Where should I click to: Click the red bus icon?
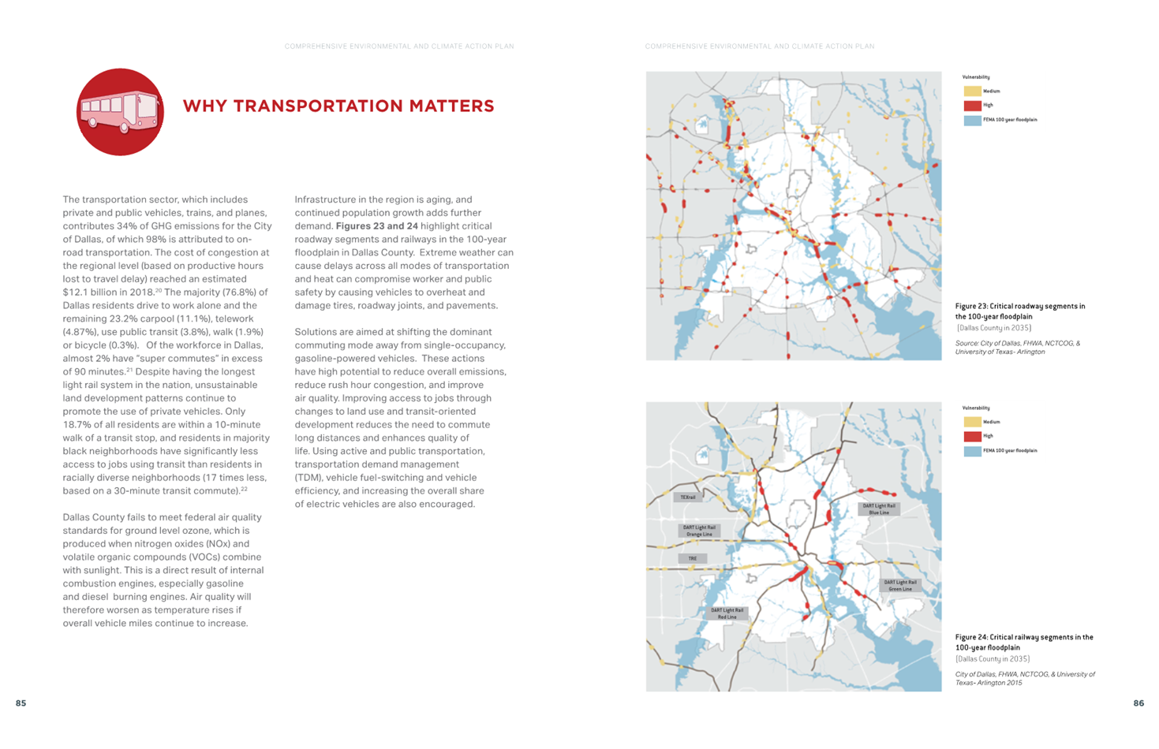point(120,112)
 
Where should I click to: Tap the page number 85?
point(21,703)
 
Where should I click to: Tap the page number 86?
point(1138,703)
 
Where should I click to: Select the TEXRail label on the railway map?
point(688,497)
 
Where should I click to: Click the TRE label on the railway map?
point(692,558)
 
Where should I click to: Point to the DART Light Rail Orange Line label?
point(699,531)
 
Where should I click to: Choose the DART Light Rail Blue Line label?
point(878,509)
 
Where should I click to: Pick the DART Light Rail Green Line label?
point(899,586)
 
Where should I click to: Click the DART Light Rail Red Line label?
point(727,613)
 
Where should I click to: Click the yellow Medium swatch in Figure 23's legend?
point(972,91)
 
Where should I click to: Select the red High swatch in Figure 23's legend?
point(972,106)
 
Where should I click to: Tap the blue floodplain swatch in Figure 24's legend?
point(972,451)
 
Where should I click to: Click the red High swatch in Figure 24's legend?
point(972,437)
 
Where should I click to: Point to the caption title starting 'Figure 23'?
point(1019,311)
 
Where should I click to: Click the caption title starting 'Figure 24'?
point(1023,642)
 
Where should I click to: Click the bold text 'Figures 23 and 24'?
point(377,226)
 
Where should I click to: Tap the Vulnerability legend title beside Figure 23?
point(976,77)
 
